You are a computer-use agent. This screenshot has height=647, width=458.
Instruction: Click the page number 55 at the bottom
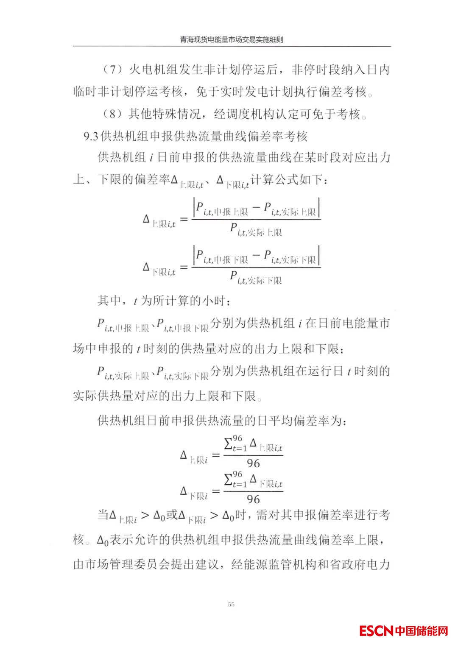pyautogui.click(x=231, y=604)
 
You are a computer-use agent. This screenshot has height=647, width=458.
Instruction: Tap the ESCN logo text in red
pyautogui.click(x=376, y=630)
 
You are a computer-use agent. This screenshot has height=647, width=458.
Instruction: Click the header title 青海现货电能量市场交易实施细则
pyautogui.click(x=231, y=40)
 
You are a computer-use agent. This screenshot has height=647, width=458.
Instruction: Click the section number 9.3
pyautogui.click(x=91, y=136)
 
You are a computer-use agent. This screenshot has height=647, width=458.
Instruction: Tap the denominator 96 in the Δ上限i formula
pyautogui.click(x=253, y=463)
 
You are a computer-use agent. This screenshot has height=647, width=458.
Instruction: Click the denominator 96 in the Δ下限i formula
pyautogui.click(x=253, y=499)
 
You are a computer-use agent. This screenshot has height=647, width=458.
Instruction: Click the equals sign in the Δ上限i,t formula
pyautogui.click(x=184, y=220)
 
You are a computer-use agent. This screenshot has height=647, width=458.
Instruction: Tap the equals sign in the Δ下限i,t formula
pyautogui.click(x=184, y=268)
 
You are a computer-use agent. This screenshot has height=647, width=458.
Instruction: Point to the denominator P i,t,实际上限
pyautogui.click(x=256, y=230)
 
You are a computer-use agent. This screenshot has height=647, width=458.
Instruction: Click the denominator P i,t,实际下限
pyautogui.click(x=256, y=278)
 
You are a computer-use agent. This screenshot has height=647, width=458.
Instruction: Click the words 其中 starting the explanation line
pyautogui.click(x=109, y=301)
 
